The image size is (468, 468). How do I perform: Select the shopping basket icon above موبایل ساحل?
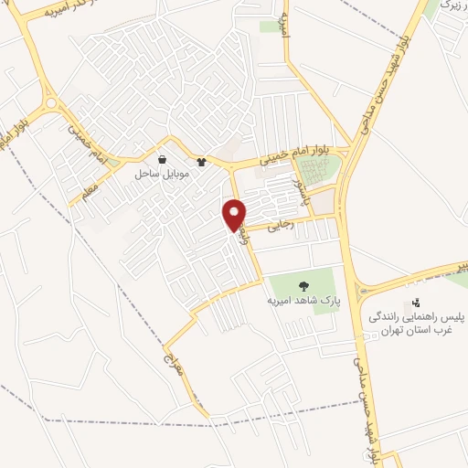pyautogui.click(x=162, y=159)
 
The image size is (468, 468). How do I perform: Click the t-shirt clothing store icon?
pyautogui.click(x=201, y=162)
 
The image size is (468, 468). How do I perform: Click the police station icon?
pyautogui.click(x=416, y=303)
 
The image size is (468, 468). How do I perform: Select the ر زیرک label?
pyautogui.click(x=450, y=5)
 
